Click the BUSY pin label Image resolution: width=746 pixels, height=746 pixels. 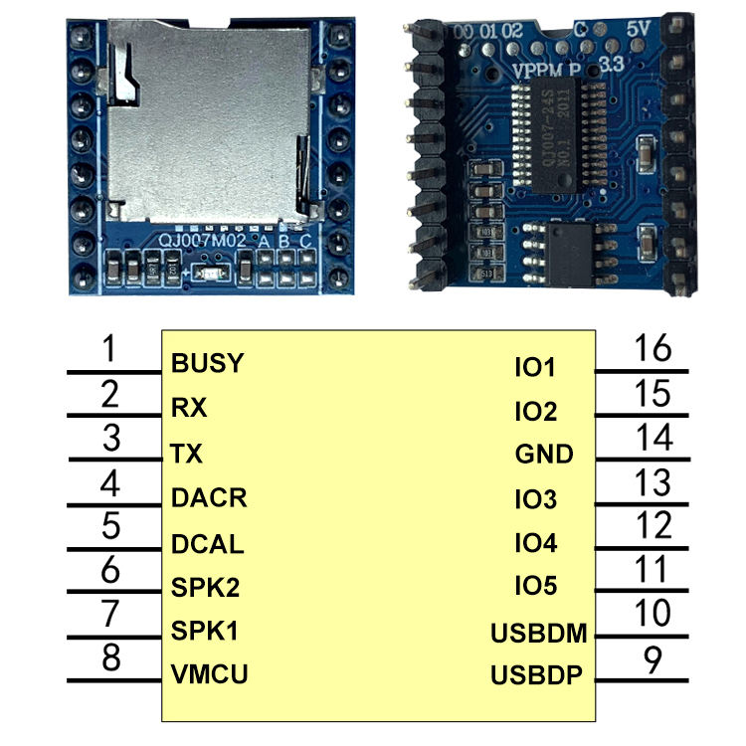click(x=207, y=363)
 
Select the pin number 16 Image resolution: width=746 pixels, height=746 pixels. click(x=653, y=349)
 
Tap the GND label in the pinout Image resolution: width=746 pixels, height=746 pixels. click(x=544, y=455)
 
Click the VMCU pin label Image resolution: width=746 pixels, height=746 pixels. click(x=209, y=675)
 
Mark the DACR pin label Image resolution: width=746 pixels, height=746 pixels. click(x=209, y=497)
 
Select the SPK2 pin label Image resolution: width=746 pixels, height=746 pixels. click(x=205, y=587)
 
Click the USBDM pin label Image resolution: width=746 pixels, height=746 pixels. click(x=538, y=634)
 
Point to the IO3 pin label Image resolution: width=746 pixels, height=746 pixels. click(x=535, y=499)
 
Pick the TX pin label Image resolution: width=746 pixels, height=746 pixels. click(x=187, y=455)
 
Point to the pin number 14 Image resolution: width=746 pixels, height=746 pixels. click(x=653, y=437)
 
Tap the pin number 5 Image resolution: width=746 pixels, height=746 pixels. click(x=111, y=525)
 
